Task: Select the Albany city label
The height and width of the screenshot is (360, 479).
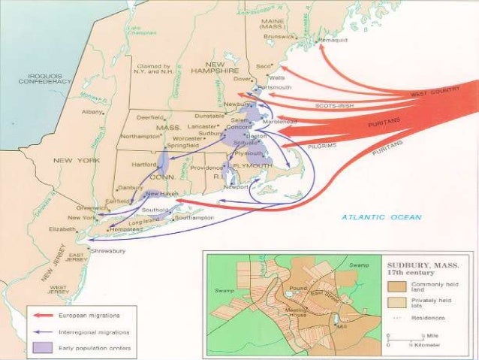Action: click(91, 111)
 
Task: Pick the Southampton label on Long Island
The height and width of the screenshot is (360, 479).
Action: click(194, 218)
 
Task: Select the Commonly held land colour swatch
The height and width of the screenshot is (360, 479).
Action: click(397, 286)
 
